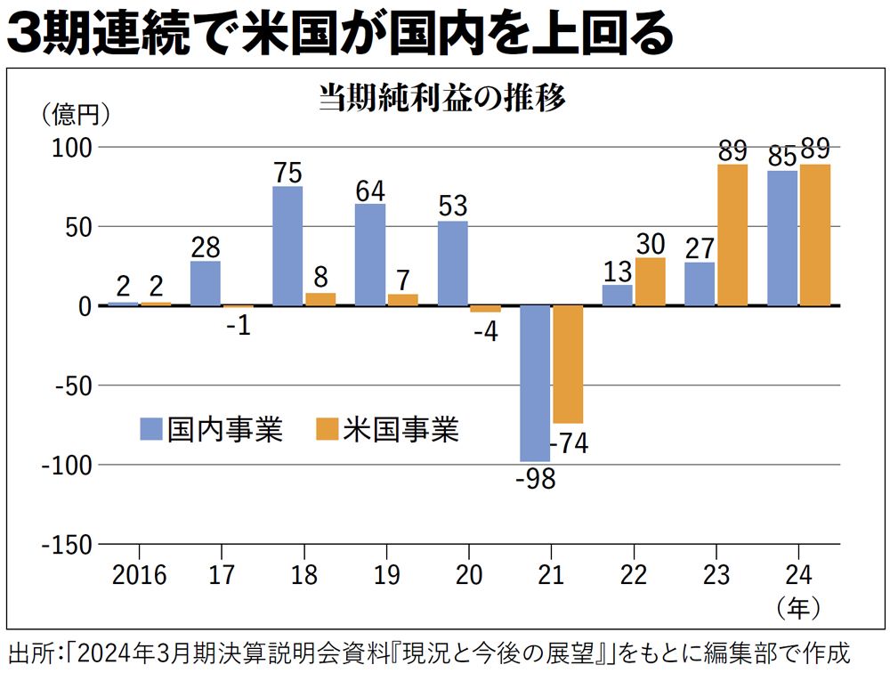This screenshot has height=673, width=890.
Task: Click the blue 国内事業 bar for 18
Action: (x=287, y=246)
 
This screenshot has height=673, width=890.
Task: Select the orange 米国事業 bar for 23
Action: (x=732, y=235)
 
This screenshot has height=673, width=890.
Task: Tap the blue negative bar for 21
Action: (x=535, y=384)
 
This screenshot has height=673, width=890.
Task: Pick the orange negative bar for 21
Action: (x=568, y=364)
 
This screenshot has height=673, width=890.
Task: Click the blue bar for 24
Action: (x=782, y=239)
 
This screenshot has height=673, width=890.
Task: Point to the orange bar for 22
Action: (x=651, y=282)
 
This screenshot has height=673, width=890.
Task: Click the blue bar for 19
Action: (x=370, y=255)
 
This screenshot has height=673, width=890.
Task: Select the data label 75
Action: (x=287, y=173)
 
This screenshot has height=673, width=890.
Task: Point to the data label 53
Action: (x=453, y=207)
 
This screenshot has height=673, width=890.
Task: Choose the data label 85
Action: (x=781, y=157)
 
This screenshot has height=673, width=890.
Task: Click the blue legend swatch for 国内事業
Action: (x=150, y=431)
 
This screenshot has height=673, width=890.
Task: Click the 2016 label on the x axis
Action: (x=140, y=574)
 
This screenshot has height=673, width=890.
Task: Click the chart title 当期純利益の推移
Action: (x=442, y=98)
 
